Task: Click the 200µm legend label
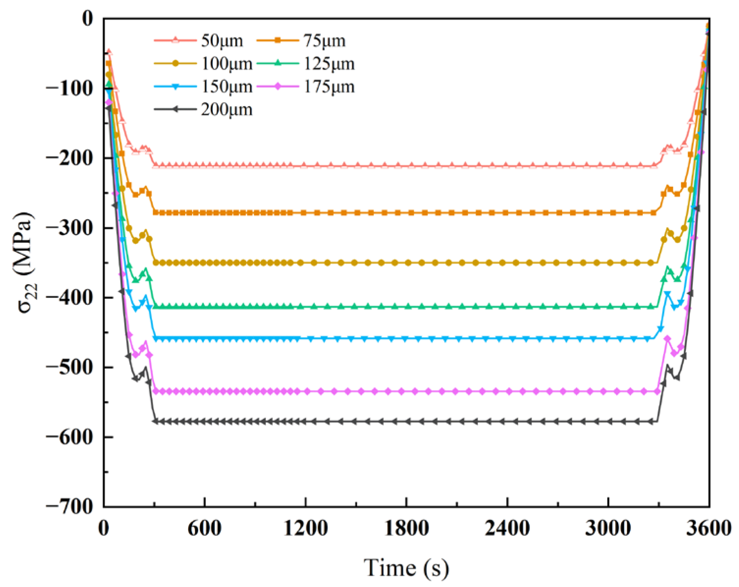227,109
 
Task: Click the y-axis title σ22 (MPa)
25,263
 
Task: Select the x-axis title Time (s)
406,568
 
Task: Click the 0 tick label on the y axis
87,19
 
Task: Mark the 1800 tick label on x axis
406,528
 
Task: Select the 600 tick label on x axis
204,528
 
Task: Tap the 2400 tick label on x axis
507,528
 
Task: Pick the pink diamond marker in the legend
278,87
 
